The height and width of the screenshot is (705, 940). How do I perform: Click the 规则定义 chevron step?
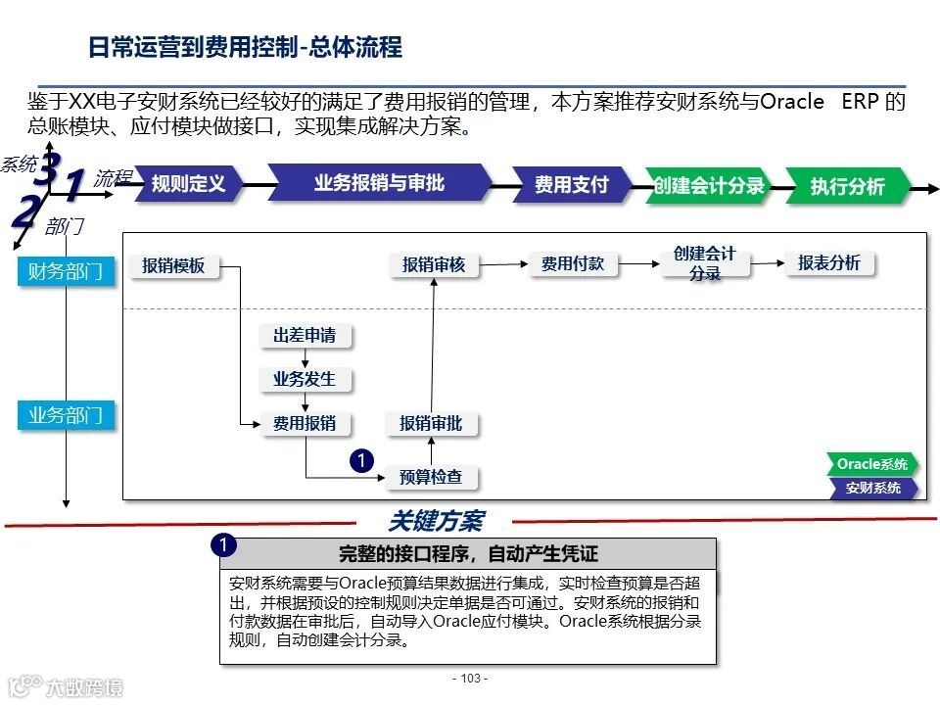(188, 184)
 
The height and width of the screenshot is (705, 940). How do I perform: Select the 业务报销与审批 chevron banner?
(379, 183)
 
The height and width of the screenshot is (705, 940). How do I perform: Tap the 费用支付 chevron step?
(572, 184)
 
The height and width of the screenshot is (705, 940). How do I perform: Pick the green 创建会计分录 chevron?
(709, 186)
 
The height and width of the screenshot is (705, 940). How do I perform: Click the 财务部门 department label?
(66, 271)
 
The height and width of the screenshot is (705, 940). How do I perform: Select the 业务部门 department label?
(66, 415)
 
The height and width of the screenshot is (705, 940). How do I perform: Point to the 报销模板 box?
(174, 265)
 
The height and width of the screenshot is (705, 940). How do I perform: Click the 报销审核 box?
(434, 264)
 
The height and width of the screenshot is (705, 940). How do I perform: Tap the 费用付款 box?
(573, 263)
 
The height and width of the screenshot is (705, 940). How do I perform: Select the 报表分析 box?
(829, 262)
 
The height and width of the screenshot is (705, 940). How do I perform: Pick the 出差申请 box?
(305, 336)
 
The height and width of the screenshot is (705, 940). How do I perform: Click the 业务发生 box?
(305, 379)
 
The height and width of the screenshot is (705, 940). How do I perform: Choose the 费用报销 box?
(305, 423)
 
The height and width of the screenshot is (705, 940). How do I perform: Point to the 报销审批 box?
(431, 423)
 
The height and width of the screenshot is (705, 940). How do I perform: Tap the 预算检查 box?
(431, 477)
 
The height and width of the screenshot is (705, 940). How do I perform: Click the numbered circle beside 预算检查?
(361, 459)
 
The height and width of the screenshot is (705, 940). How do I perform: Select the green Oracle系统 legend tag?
(871, 464)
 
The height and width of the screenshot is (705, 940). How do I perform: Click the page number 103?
(470, 679)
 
